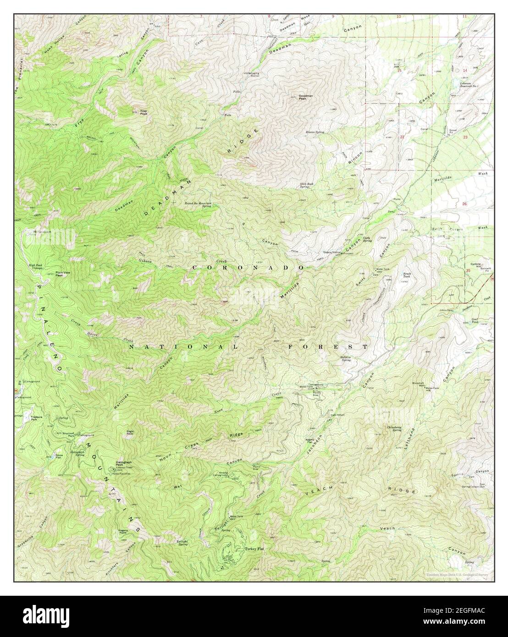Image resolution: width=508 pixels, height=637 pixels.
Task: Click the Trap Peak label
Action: [x=144, y=111]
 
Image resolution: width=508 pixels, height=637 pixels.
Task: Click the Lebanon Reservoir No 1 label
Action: [x=469, y=85]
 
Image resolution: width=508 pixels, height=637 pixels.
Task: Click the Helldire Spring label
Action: [x=346, y=359]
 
